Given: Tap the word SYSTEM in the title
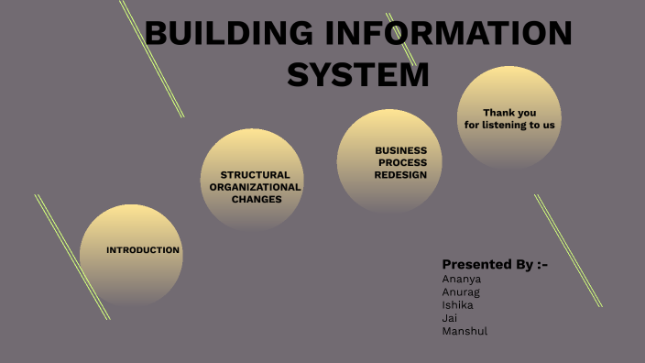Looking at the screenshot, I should (x=358, y=74).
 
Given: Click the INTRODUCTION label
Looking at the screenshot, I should (x=143, y=250).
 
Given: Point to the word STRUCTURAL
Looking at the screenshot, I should (x=255, y=174).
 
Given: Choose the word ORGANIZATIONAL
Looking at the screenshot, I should (x=255, y=186).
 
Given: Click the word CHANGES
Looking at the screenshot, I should (x=257, y=198).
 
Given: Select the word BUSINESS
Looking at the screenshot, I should (x=401, y=150).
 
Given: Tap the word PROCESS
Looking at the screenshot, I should (x=403, y=162).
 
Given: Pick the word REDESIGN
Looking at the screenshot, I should (x=401, y=174).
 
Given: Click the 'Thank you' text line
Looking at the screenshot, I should (x=509, y=113).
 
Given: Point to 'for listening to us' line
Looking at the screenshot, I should (x=509, y=125).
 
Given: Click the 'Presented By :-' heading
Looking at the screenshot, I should (x=495, y=264).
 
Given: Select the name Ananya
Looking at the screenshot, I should (x=462, y=279).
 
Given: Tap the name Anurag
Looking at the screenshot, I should (x=461, y=291).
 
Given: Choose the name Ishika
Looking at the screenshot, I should (x=458, y=304).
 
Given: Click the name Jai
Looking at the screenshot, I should (x=449, y=317).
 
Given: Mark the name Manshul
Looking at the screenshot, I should (x=465, y=330).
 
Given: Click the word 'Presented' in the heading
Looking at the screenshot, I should (x=475, y=264).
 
